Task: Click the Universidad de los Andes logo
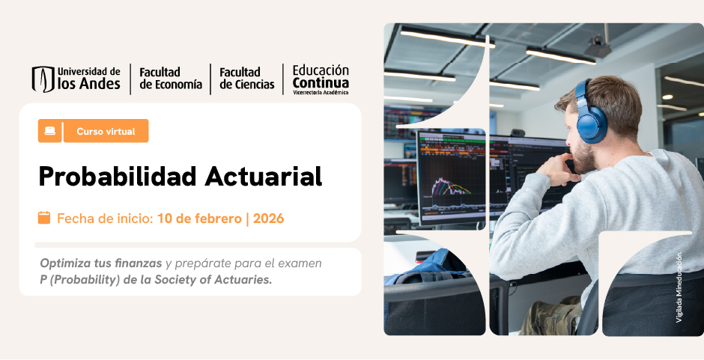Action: [76, 78]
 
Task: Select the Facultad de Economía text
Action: [171, 78]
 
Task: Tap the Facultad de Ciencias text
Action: [246, 78]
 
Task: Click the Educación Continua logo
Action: [321, 78]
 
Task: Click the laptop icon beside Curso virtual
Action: [49, 131]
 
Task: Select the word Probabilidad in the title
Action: [115, 176]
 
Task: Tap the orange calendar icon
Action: [44, 218]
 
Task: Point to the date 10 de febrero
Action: [198, 219]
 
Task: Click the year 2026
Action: [269, 219]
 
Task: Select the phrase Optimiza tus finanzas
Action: [100, 263]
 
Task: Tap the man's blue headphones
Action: [590, 112]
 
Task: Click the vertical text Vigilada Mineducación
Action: [679, 288]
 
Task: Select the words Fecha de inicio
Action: [105, 219]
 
